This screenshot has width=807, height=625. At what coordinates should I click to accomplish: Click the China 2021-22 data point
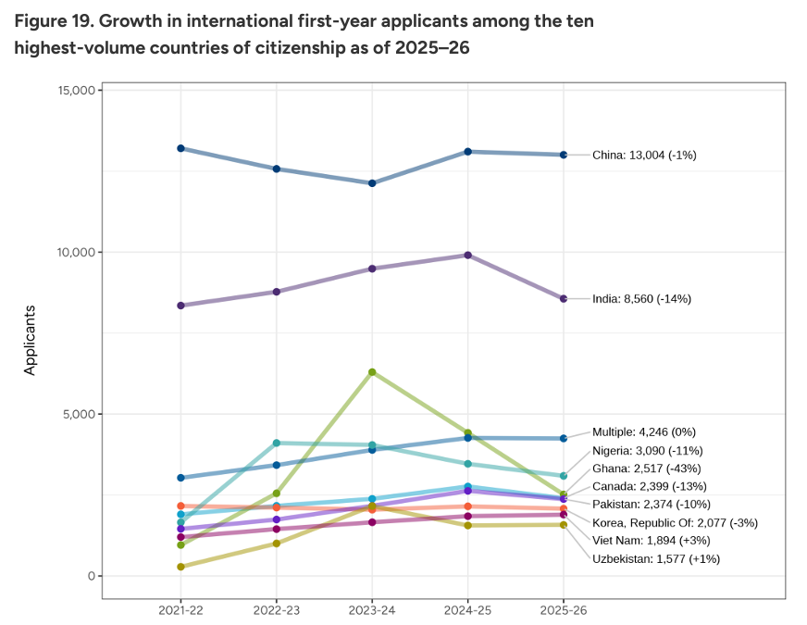click(180, 148)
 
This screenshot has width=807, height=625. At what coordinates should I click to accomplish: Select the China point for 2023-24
click(372, 183)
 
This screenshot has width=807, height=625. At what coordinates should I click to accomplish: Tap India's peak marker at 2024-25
click(467, 255)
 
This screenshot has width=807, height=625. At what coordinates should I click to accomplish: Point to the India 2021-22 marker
click(180, 306)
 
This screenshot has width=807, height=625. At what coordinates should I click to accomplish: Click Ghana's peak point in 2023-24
click(372, 372)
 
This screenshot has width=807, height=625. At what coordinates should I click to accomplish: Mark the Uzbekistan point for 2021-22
click(180, 567)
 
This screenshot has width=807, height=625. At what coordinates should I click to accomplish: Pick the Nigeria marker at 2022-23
click(276, 443)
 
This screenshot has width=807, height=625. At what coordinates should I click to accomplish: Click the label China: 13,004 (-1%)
click(644, 156)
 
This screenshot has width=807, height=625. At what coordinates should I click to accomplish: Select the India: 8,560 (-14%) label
click(641, 299)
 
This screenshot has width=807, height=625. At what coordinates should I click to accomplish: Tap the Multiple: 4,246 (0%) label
click(643, 431)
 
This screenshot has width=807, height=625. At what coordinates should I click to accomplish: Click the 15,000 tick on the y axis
click(71, 91)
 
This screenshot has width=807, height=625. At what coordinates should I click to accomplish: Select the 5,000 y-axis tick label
click(75, 414)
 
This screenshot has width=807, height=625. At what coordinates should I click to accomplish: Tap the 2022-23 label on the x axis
click(276, 611)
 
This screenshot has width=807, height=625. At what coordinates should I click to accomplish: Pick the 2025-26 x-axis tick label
click(563, 611)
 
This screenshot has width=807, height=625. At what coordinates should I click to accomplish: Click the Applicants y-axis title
click(30, 340)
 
